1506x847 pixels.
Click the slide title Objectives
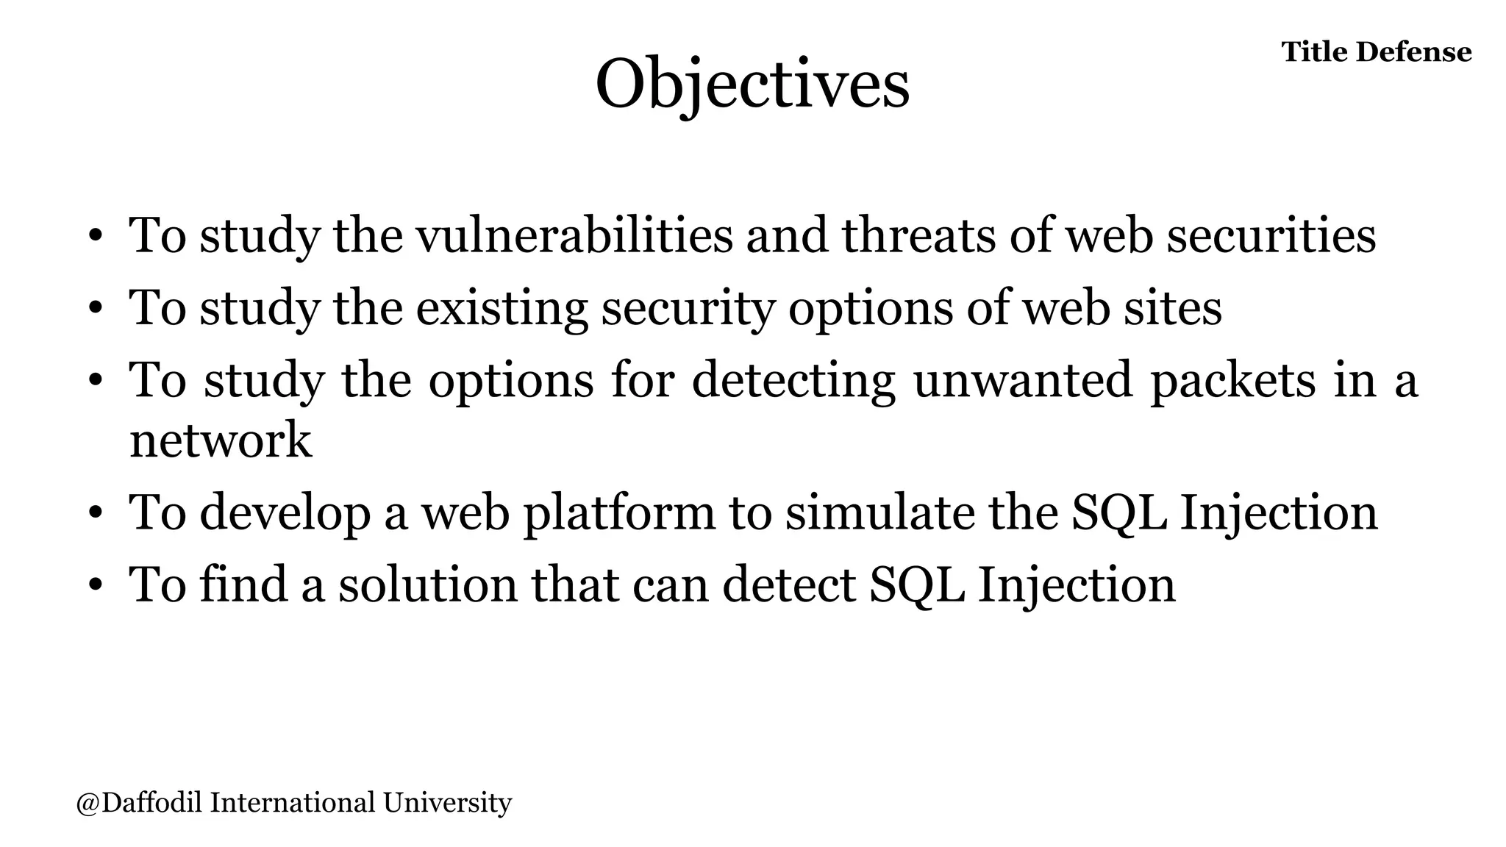point(752,85)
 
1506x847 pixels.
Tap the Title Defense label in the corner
point(1376,52)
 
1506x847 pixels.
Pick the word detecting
point(793,380)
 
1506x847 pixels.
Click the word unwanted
point(1022,380)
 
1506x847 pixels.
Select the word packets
point(1232,380)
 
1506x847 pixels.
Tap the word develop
point(285,512)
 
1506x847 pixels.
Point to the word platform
point(618,512)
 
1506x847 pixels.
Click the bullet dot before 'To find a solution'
point(95,587)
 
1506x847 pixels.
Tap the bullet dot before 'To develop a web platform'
point(95,515)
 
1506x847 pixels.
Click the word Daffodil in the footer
point(151,802)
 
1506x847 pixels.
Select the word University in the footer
point(447,802)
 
